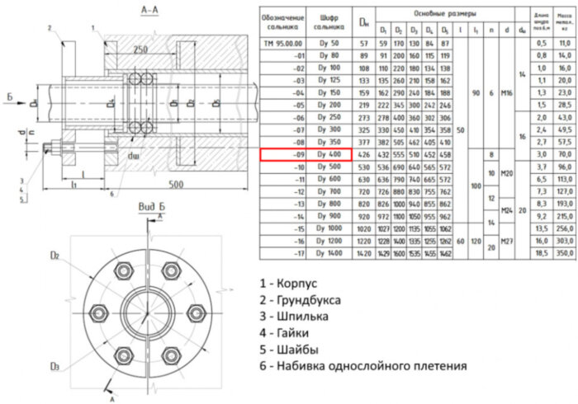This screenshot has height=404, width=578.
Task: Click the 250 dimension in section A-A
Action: [141, 49]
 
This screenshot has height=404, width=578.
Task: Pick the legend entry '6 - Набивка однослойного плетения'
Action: [362, 365]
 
